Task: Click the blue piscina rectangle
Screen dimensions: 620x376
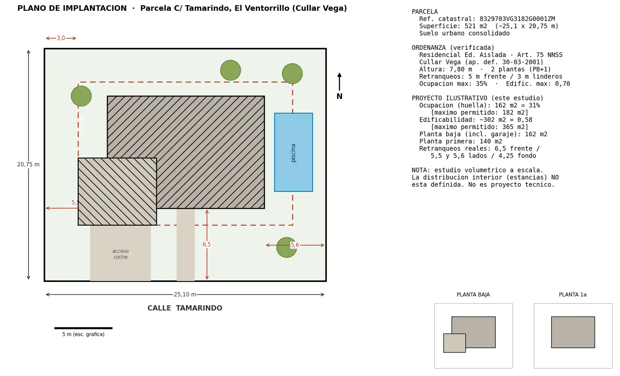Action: [293, 152]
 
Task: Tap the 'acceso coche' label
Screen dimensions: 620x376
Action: [121, 254]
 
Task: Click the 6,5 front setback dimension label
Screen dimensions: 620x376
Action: [207, 244]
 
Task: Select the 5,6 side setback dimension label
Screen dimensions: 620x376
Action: [295, 245]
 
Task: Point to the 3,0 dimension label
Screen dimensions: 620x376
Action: [61, 38]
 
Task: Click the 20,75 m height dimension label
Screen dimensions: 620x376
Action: [28, 164]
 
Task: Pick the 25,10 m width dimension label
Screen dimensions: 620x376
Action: [185, 295]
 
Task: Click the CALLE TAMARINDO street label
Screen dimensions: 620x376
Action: [185, 308]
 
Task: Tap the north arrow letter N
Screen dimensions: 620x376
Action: [339, 96]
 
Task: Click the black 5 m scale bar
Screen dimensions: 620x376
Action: [83, 328]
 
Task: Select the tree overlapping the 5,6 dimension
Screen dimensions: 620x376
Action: [286, 248]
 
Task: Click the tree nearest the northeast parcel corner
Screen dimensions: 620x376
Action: [292, 73]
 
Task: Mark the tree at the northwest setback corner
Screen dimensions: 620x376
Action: [81, 96]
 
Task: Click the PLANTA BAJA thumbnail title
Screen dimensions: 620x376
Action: [473, 295]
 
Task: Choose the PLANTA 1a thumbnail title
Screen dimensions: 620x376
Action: [573, 295]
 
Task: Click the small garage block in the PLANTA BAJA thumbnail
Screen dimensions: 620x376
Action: [454, 343]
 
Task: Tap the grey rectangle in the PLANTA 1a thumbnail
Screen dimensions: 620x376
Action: [573, 332]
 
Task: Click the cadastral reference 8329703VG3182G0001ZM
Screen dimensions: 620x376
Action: [517, 19]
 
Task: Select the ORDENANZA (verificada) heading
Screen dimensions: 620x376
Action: [453, 48]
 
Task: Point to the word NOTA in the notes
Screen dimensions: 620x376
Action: [419, 170]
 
